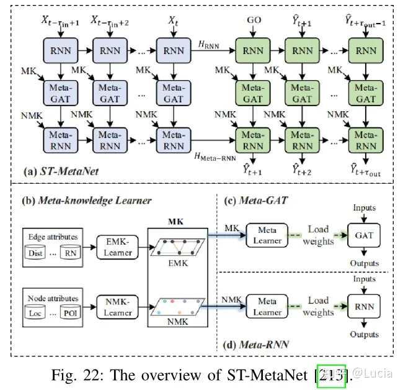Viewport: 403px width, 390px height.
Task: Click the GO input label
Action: click(254, 20)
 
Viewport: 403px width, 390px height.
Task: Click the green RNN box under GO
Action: click(254, 50)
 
